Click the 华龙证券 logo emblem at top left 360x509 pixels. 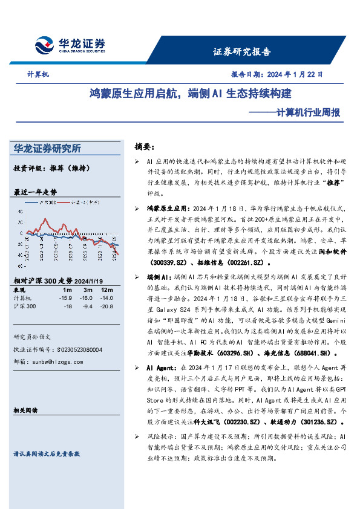tap(45, 45)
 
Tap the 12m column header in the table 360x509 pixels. tap(108, 290)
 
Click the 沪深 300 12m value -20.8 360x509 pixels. tap(106, 306)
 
